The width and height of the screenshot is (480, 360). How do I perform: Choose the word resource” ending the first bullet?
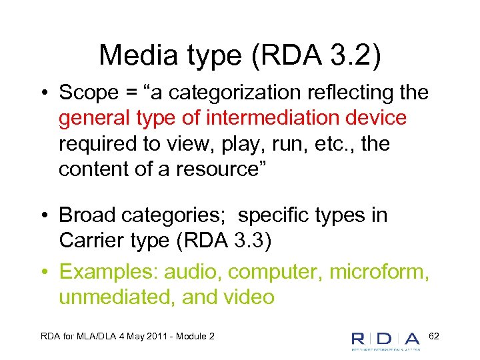click(x=221, y=169)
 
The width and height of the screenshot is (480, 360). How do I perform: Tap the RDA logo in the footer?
click(x=385, y=339)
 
